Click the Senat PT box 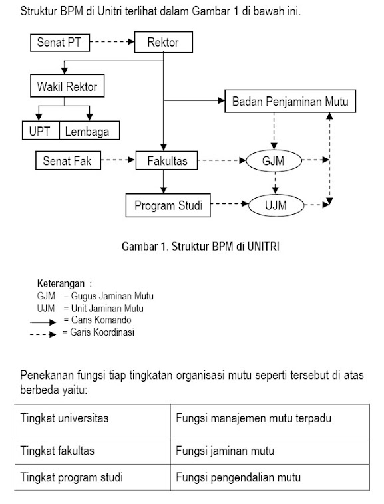(59, 43)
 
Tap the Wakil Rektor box (69, 86)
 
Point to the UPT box (41, 131)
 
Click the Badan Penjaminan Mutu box (289, 102)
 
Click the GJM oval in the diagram (274, 160)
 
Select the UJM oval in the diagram (275, 205)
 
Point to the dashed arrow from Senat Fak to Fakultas (118, 160)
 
